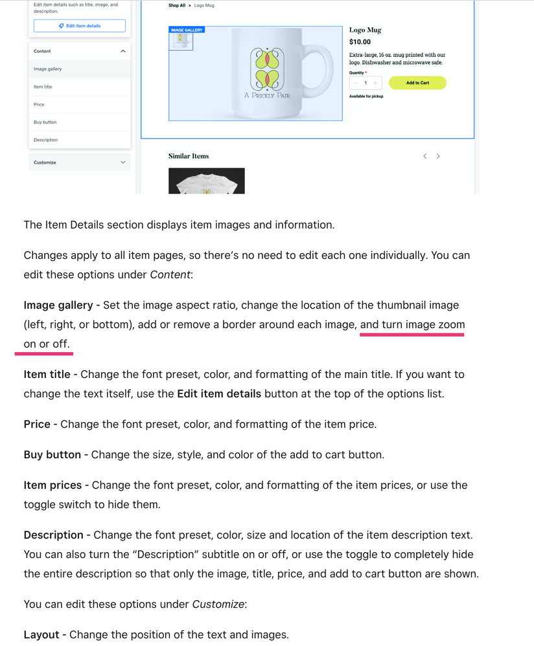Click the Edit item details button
click(79, 26)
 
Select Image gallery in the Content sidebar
click(48, 69)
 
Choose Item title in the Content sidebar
click(43, 87)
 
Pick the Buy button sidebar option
click(45, 122)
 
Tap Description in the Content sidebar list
click(46, 140)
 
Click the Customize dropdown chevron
click(123, 162)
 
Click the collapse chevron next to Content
click(123, 51)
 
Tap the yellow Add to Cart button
click(417, 83)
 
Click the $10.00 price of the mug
click(360, 42)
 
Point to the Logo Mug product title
click(365, 30)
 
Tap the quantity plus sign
click(375, 83)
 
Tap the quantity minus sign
click(356, 83)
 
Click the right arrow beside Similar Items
click(438, 156)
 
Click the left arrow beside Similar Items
click(424, 156)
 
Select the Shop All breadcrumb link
click(177, 5)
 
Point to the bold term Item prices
click(52, 485)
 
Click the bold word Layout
click(41, 634)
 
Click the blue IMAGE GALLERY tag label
click(186, 30)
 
